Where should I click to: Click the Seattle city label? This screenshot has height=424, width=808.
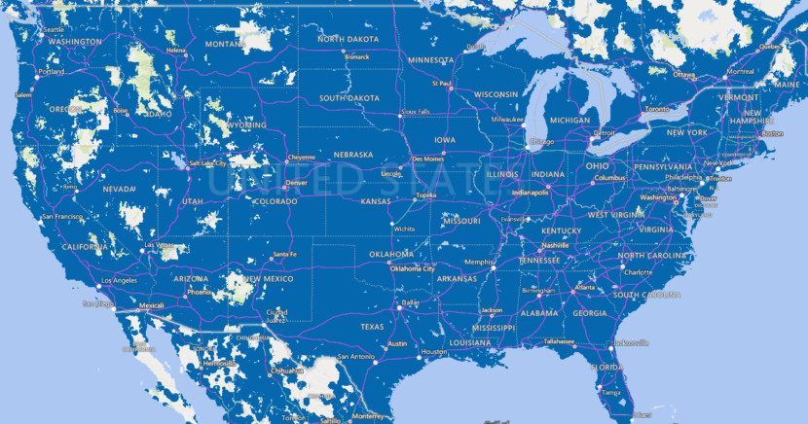point(54,30)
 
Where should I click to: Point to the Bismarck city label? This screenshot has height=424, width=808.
point(354,55)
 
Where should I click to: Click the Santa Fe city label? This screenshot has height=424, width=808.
point(284,255)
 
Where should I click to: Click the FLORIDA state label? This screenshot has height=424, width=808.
point(607,368)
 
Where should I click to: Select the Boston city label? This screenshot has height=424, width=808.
point(773,133)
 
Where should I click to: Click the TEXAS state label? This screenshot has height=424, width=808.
point(373,327)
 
